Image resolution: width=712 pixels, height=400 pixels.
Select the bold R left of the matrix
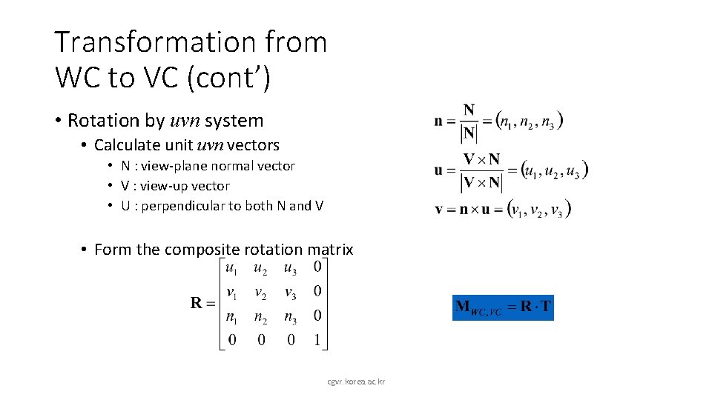197,302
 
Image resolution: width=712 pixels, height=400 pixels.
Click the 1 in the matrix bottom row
317,339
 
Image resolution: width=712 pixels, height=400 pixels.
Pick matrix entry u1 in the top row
231,268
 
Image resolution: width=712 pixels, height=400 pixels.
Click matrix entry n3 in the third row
291,316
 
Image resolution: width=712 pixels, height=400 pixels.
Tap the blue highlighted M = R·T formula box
503,307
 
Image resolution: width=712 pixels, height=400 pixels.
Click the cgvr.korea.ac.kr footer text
356,381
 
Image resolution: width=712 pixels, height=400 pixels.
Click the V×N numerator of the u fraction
481,159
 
